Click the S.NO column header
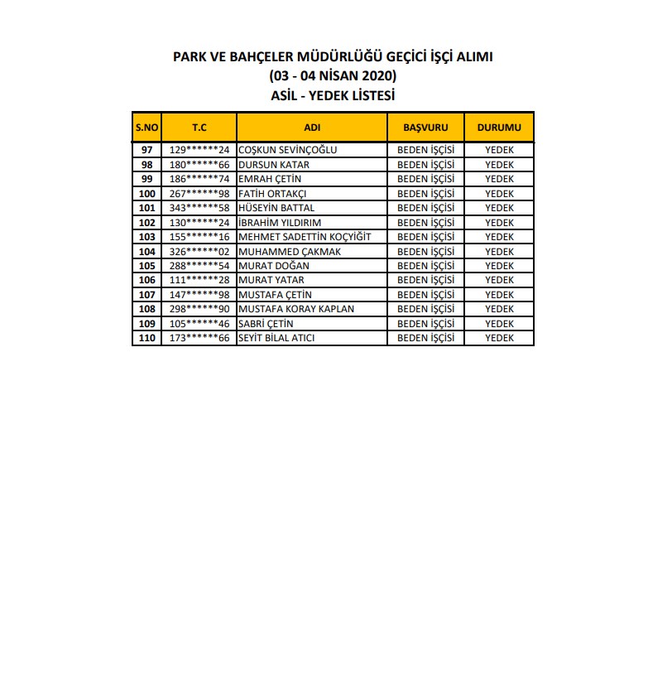tap(147, 128)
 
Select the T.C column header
tap(199, 128)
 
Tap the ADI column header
tap(312, 128)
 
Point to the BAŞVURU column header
tap(425, 128)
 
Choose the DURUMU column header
tap(499, 128)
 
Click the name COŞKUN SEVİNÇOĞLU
tap(287, 150)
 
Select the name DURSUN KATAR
tap(273, 165)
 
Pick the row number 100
tap(147, 194)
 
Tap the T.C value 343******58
tap(199, 208)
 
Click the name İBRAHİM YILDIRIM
tap(279, 223)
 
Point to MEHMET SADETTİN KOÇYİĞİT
tap(305, 237)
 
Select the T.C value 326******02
tap(199, 252)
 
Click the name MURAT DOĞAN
tap(273, 266)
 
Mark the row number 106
tap(147, 280)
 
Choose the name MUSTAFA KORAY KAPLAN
tap(295, 309)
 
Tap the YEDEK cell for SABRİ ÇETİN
tap(499, 324)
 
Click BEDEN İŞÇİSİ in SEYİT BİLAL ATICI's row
tap(425, 338)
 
